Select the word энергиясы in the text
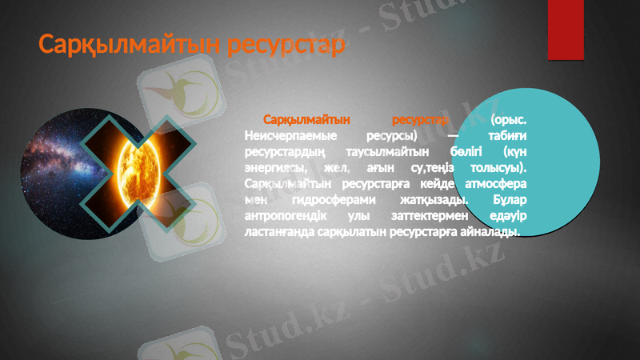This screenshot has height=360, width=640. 276,168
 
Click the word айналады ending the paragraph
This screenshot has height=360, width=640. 489,232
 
